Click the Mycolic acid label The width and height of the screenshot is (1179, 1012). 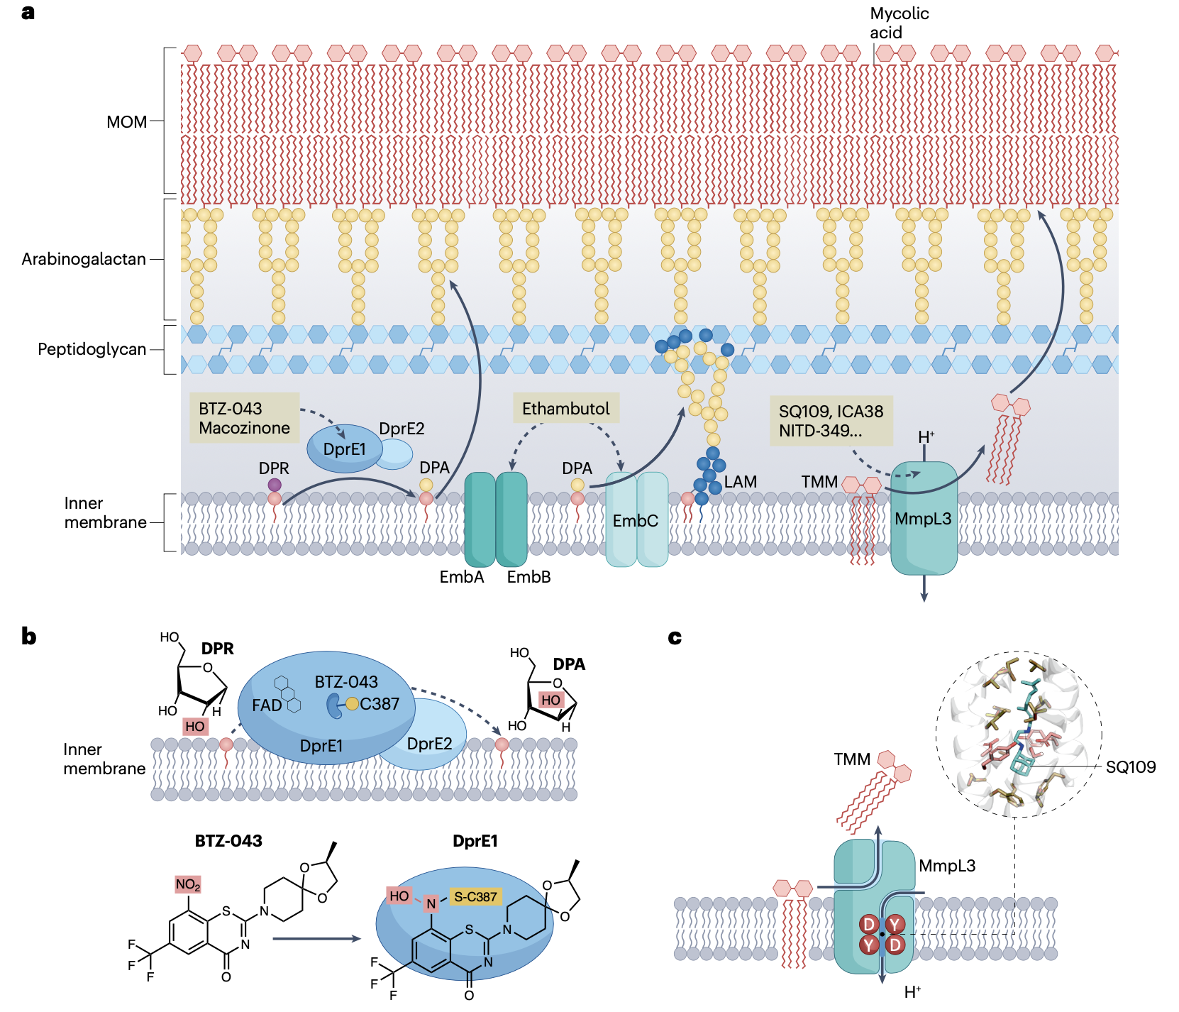899,23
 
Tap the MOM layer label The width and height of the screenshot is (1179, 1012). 126,122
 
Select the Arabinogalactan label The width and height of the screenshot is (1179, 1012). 84,259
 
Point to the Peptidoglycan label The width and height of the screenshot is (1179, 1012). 92,349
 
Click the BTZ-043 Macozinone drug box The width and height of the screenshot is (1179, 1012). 244,418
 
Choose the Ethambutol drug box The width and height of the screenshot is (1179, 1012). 565,409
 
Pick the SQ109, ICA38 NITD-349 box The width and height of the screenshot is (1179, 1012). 831,421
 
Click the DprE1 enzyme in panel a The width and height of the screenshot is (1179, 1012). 344,449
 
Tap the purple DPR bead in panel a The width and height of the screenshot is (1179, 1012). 275,485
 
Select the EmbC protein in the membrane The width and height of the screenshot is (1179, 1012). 636,521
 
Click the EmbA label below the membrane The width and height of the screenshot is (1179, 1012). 462,577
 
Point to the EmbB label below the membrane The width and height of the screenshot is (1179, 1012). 528,577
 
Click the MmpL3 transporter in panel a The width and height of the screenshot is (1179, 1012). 923,519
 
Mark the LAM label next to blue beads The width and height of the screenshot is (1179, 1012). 741,482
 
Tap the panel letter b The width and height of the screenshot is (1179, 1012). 29,636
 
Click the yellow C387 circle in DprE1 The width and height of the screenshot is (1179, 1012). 353,704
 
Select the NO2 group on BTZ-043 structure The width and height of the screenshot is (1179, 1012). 188,884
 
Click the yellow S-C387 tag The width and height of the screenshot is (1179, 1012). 475,897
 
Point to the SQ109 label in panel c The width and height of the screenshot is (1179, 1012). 1130,767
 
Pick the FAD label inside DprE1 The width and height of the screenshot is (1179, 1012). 267,705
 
